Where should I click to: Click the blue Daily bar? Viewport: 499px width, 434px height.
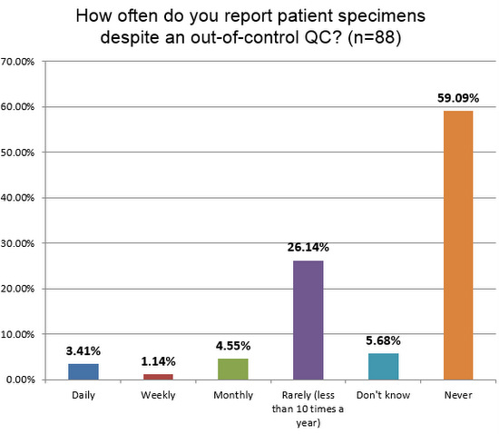tap(83, 371)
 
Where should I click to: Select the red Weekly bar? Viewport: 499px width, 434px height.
tap(158, 377)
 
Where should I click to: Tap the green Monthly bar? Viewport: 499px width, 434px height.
tap(233, 369)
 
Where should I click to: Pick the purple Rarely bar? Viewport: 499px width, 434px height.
tap(308, 320)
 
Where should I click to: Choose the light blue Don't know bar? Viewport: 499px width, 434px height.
tap(384, 366)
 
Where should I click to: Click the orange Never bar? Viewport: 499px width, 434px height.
tap(459, 245)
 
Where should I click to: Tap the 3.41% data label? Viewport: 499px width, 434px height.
tap(83, 351)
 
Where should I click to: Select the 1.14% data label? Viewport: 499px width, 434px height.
tap(158, 362)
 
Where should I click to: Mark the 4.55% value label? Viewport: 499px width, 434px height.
tap(233, 346)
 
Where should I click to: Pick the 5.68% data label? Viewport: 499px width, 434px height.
tap(384, 341)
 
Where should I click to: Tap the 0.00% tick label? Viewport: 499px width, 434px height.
tap(20, 380)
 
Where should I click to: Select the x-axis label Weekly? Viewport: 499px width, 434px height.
tap(158, 396)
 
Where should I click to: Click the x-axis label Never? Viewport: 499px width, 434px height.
tap(459, 396)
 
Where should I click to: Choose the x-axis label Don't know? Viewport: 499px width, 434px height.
tap(384, 396)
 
